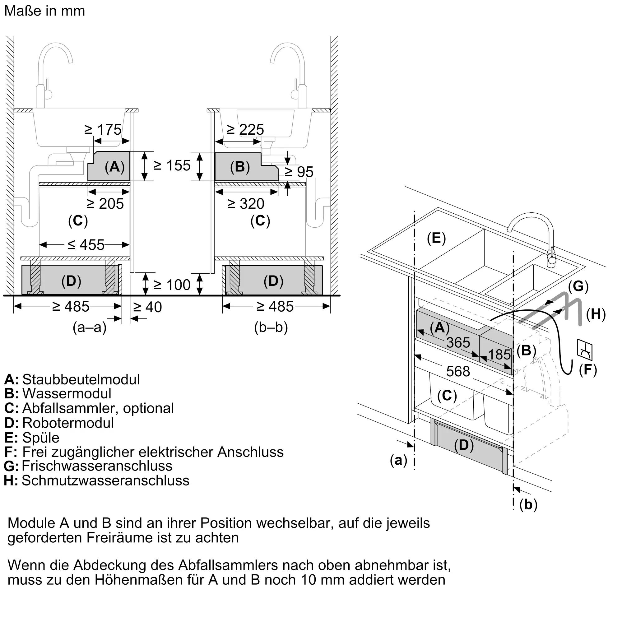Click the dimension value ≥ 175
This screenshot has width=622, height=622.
(x=103, y=129)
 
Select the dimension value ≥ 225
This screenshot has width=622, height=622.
(x=245, y=129)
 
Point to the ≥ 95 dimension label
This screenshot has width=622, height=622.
(x=299, y=172)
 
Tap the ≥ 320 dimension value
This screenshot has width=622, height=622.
(x=246, y=204)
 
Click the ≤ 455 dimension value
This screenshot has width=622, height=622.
(x=86, y=245)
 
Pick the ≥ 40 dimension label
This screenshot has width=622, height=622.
(x=147, y=307)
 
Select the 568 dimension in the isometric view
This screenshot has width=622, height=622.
(x=458, y=372)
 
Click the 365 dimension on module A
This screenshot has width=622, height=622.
(x=458, y=342)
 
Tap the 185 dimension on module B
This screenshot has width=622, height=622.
(x=499, y=355)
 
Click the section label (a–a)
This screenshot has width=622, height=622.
(x=90, y=327)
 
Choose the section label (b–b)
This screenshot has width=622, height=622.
(x=271, y=327)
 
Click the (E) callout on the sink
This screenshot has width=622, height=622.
(x=436, y=238)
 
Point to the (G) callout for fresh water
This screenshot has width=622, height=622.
(x=578, y=286)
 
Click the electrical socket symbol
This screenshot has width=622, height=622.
(x=585, y=350)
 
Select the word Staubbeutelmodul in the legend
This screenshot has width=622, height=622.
(x=81, y=379)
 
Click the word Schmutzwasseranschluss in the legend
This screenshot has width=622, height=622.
(x=105, y=480)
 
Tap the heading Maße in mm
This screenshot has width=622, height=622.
(x=45, y=11)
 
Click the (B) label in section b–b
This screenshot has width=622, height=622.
(x=240, y=167)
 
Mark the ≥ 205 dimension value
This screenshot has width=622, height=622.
(x=105, y=204)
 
